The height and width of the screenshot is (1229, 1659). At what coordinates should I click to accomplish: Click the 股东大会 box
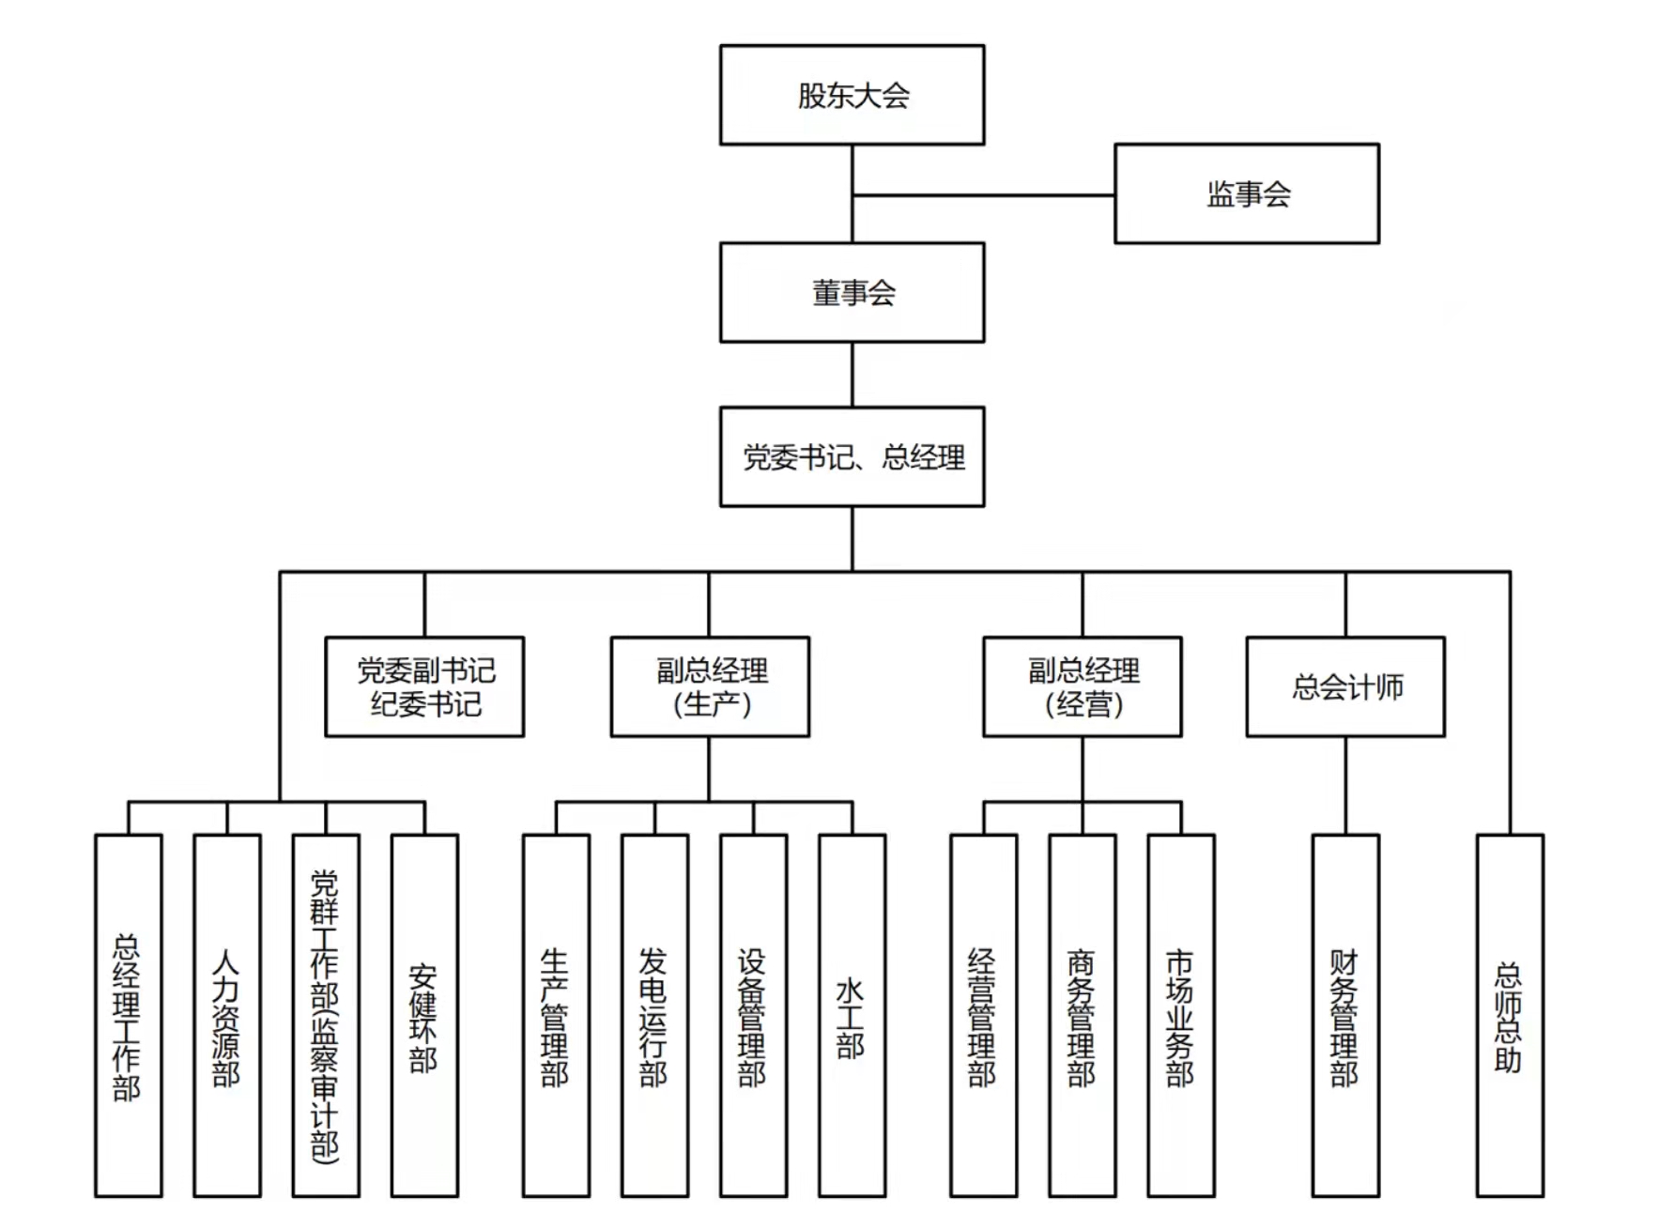(852, 95)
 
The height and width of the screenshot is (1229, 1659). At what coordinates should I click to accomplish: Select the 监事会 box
(1246, 193)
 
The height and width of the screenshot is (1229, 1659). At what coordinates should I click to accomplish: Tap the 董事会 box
(852, 292)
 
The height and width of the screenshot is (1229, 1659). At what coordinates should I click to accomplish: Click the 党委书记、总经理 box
(852, 456)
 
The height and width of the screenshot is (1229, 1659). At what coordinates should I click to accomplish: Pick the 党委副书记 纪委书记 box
(424, 686)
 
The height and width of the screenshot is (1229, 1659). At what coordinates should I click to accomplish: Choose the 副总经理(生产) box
(710, 686)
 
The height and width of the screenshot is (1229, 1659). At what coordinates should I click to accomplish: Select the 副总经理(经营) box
(1082, 686)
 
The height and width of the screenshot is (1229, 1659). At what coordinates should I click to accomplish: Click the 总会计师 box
(1344, 686)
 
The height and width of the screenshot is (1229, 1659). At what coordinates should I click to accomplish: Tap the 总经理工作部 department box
(129, 1015)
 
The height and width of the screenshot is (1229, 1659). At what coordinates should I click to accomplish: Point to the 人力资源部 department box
(227, 1015)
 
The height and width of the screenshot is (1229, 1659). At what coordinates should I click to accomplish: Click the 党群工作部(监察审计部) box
(326, 1015)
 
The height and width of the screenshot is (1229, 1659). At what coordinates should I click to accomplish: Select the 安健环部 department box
(424, 1015)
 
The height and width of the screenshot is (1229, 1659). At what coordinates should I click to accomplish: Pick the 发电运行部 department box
(654, 1015)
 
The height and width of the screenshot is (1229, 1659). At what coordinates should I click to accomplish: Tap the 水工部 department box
(852, 1015)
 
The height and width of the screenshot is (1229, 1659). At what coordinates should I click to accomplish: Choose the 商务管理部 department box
(1082, 1015)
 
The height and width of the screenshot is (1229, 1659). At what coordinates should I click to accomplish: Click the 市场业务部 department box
(1180, 1015)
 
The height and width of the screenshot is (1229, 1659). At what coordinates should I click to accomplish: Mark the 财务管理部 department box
(1344, 1015)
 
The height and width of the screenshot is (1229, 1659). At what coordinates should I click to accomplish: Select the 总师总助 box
(1509, 1015)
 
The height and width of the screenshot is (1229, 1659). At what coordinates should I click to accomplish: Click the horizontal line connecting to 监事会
(983, 195)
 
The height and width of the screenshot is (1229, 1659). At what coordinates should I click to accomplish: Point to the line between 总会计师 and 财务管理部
(1344, 785)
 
